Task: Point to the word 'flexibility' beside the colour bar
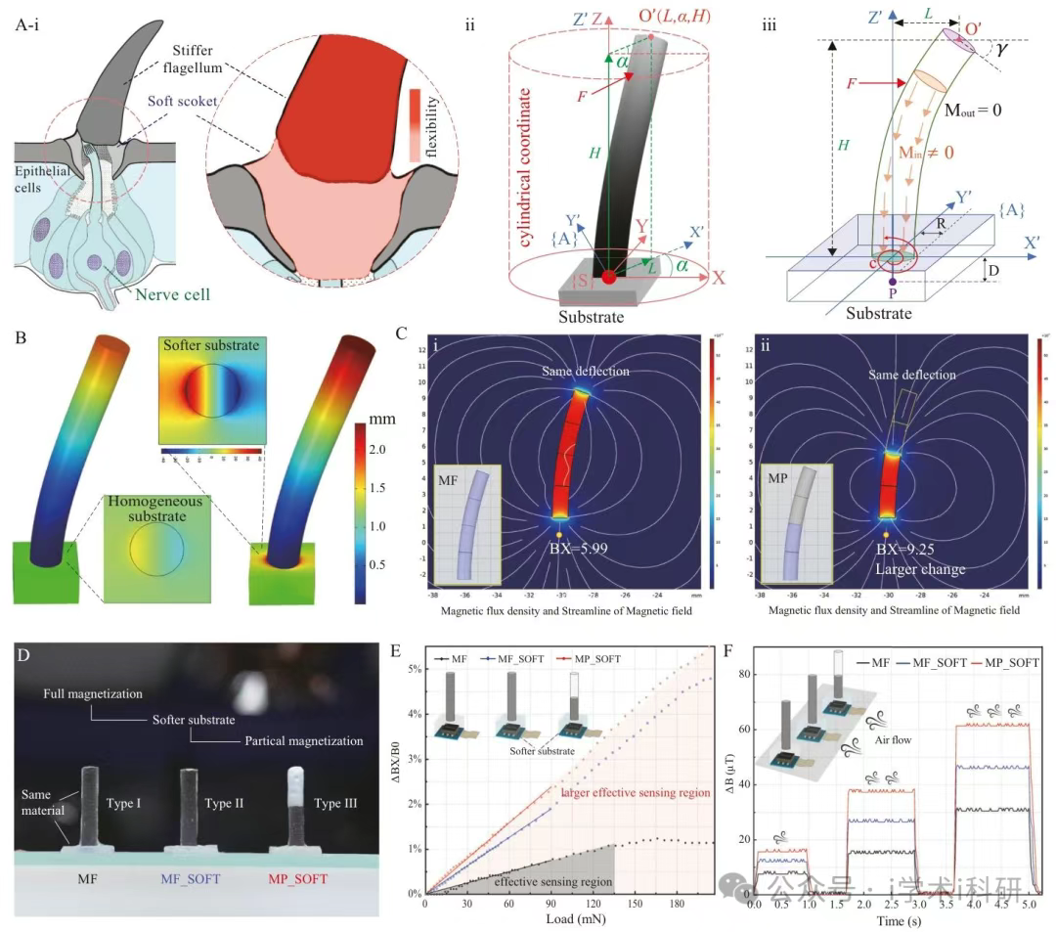[x=433, y=124]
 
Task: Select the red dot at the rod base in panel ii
[x=608, y=277]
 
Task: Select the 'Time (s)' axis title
[x=889, y=920]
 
